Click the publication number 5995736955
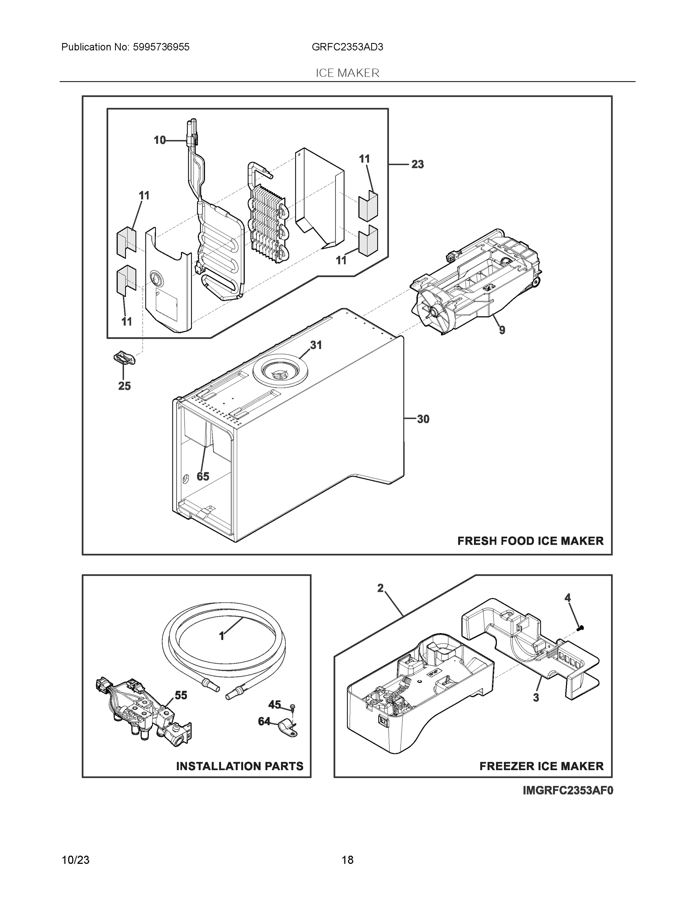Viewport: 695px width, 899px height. pos(161,47)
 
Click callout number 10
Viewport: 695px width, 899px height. pos(160,140)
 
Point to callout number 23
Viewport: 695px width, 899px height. pos(417,164)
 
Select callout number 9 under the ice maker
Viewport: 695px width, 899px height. pos(502,330)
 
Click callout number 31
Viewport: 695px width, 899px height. pos(316,345)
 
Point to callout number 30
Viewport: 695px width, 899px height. pos(423,419)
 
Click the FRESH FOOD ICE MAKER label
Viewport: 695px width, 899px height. pos(530,541)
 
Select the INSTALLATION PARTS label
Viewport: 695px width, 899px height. pos(240,766)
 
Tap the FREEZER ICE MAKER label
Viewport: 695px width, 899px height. pos(541,766)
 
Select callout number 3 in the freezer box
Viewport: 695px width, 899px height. pos(536,698)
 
